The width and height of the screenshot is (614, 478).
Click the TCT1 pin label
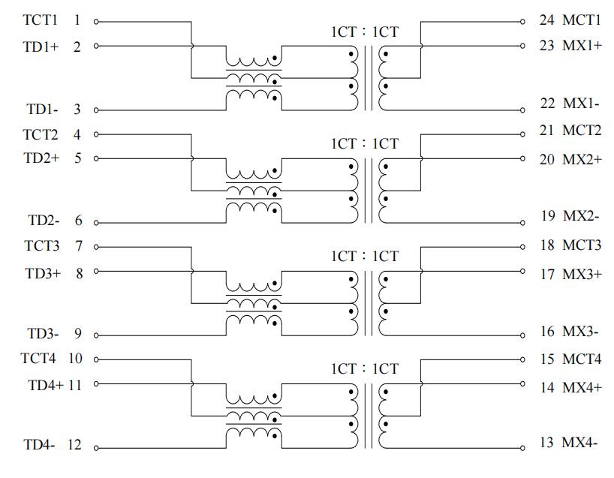coord(41,20)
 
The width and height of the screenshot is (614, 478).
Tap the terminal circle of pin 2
coord(96,46)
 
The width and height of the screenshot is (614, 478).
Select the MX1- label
coord(581,104)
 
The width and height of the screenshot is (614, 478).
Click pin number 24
coord(546,20)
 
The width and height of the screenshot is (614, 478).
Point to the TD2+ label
coord(41,158)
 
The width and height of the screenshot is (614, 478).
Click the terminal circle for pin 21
coord(522,134)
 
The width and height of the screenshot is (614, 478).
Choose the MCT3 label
coord(582,245)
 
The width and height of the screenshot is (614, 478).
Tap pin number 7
coord(79,246)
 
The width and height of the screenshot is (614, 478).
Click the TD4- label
coord(39,445)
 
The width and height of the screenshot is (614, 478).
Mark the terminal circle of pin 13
coord(522,448)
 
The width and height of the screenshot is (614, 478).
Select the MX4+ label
coord(582,387)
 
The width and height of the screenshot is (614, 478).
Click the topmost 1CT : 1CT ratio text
coord(365,32)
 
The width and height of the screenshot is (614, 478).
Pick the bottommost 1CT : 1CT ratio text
coord(365,368)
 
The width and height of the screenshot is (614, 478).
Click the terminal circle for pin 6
coord(96,223)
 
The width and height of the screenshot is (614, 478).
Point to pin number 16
coord(547,332)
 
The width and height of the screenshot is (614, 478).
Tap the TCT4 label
coord(38,358)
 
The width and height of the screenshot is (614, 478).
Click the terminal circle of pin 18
coord(522,247)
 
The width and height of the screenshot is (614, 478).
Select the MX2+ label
coord(582,160)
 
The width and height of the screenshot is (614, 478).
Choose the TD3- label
coord(43,333)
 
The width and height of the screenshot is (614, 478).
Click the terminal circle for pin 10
coord(96,359)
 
